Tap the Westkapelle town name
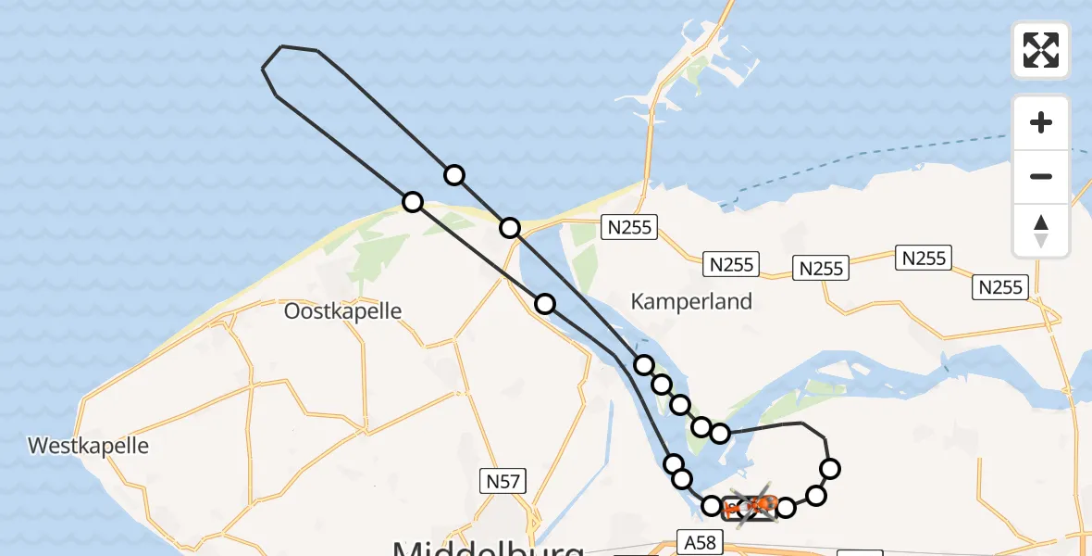tap(88, 446)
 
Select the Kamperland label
tap(691, 301)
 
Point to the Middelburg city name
tap(489, 547)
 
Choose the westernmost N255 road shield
tap(628, 227)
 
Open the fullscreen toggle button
tap(1041, 50)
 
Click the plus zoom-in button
tap(1041, 122)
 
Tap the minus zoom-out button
tap(1041, 176)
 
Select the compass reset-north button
tap(1041, 230)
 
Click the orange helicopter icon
tap(758, 505)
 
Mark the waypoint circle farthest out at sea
tap(453, 174)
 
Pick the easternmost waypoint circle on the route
tap(830, 468)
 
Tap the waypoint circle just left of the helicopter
tap(712, 506)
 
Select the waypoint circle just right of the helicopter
tap(786, 507)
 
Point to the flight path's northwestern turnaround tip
tap(265, 68)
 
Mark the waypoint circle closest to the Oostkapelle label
tap(413, 201)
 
